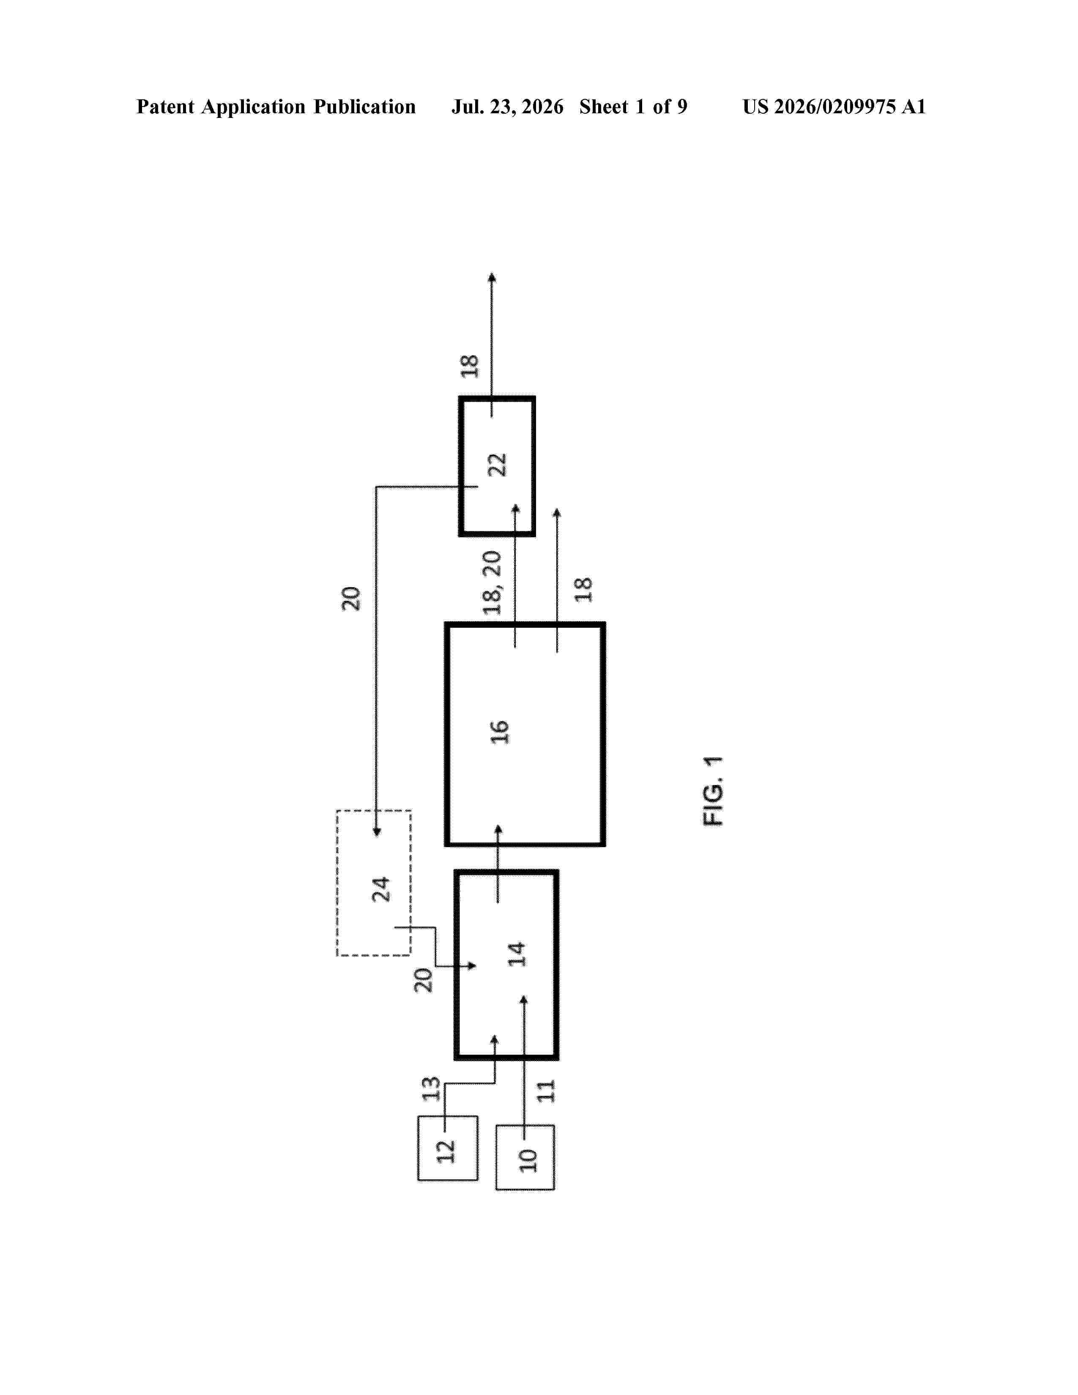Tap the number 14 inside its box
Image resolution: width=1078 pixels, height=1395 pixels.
click(517, 954)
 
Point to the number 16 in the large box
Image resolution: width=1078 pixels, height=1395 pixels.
click(499, 732)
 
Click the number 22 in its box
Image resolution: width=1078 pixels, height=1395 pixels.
click(497, 465)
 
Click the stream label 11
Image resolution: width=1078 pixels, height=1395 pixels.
click(546, 1091)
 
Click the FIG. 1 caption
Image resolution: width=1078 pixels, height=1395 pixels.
click(713, 791)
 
